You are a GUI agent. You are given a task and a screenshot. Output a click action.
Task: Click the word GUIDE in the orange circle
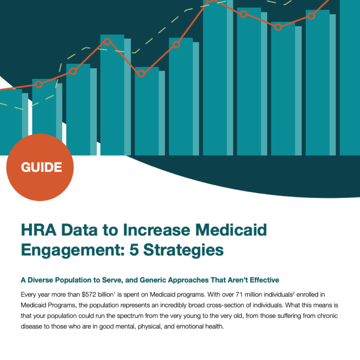pos(41,167)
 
